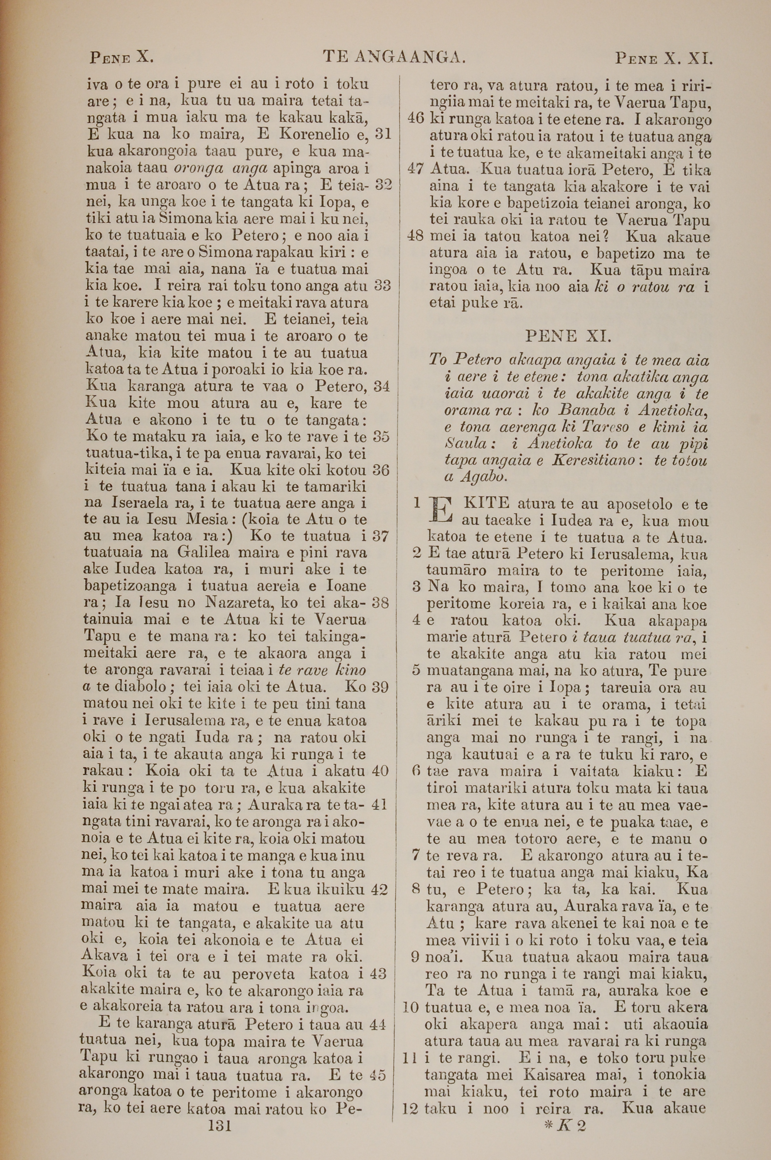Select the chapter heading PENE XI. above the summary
(568, 336)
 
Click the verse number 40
(380, 770)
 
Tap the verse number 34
(381, 386)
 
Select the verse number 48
(416, 236)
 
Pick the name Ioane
(346, 586)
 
